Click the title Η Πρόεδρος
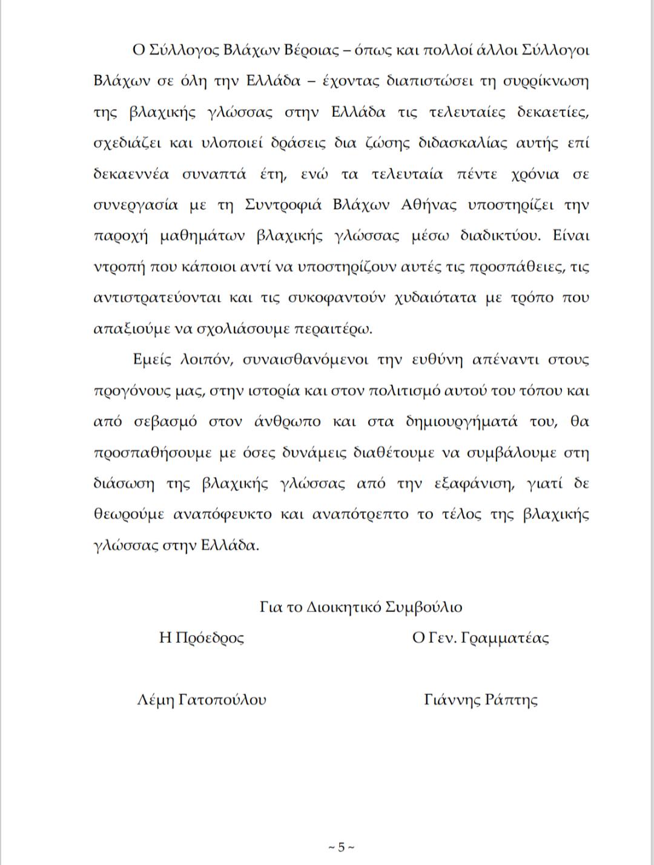(202, 638)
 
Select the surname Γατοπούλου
(222, 700)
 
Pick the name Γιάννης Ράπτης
(481, 700)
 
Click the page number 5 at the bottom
(341, 847)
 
